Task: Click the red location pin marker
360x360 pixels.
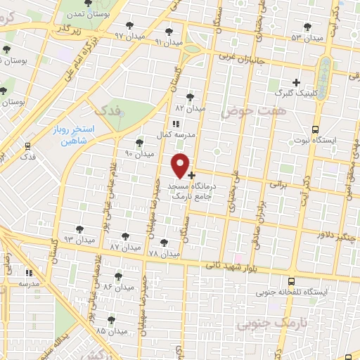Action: pyautogui.click(x=181, y=165)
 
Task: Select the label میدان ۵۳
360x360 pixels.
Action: pyautogui.click(x=307, y=37)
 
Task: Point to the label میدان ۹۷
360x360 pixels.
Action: pyautogui.click(x=129, y=35)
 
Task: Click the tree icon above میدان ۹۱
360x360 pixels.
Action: pyautogui.click(x=168, y=32)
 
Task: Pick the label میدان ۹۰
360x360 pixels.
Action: pyautogui.click(x=139, y=153)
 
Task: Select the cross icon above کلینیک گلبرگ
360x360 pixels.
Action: pyautogui.click(x=296, y=82)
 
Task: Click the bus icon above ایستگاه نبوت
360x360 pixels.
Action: pyautogui.click(x=314, y=129)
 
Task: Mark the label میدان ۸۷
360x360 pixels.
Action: pyautogui.click(x=125, y=247)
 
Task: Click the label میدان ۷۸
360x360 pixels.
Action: pyautogui.click(x=164, y=253)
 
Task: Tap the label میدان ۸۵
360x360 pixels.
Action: pyautogui.click(x=111, y=330)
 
